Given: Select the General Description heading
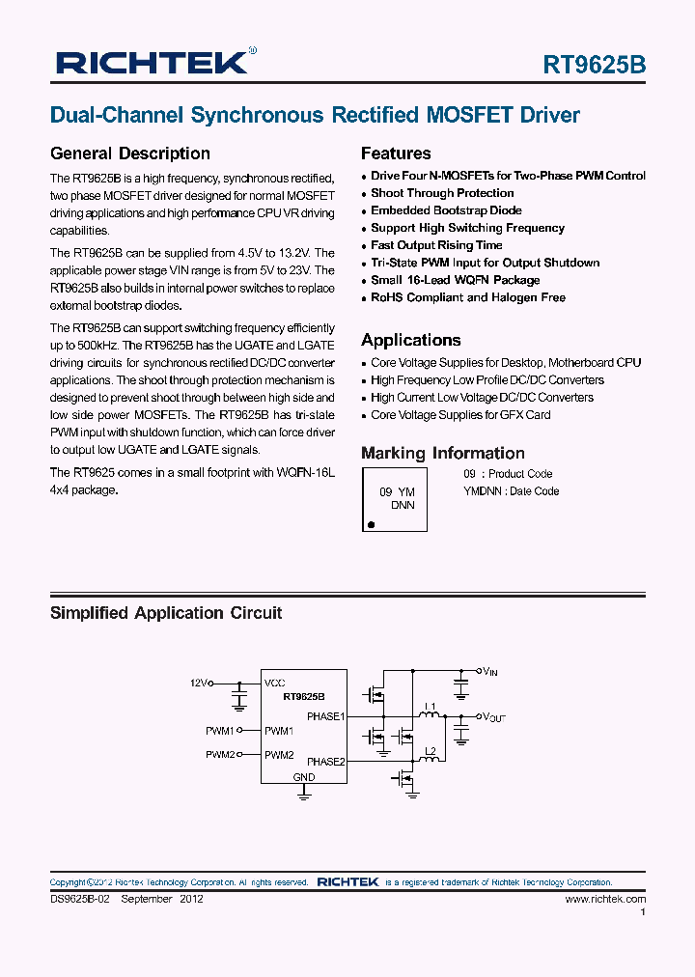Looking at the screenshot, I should [x=129, y=154].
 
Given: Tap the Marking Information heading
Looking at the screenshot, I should [x=442, y=453].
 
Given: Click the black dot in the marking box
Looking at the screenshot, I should [x=370, y=525].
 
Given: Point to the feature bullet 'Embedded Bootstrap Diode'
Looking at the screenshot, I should [x=446, y=210].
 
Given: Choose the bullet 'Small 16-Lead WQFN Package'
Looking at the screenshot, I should [x=455, y=280].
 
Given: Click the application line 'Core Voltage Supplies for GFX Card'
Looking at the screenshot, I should [x=460, y=415].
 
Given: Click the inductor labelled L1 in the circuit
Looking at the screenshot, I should [x=431, y=715].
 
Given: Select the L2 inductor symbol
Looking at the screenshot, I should [x=431, y=759].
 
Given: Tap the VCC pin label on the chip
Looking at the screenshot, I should [x=275, y=683].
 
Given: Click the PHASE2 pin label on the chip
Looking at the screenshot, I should [x=325, y=762].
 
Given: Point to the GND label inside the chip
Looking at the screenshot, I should [x=303, y=776].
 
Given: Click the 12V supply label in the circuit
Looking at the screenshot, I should [x=199, y=683].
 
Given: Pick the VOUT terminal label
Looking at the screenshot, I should [x=493, y=717].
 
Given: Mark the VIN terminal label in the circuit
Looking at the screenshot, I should [x=490, y=670].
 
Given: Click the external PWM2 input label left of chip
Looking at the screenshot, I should [x=219, y=754].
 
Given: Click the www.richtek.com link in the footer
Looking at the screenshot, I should [x=605, y=899].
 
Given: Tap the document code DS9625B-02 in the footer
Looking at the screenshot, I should [x=82, y=899].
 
